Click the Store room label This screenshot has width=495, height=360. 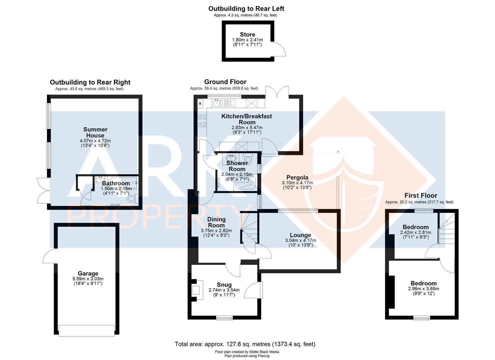point(247,35)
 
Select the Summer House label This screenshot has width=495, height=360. point(95,132)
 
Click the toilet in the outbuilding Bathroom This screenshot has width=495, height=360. point(131,200)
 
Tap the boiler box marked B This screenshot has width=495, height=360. point(200,104)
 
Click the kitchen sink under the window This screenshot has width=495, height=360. point(216,103)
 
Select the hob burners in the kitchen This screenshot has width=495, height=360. point(202,121)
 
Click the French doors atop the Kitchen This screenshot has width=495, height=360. point(277,92)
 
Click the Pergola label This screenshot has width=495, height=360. point(297,177)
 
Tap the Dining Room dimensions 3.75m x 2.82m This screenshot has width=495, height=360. point(216,231)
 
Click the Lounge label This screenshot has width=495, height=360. point(300,235)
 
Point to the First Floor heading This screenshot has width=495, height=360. point(421,196)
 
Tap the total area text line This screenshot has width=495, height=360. point(245,344)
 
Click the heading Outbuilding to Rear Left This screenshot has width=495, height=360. point(246,9)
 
